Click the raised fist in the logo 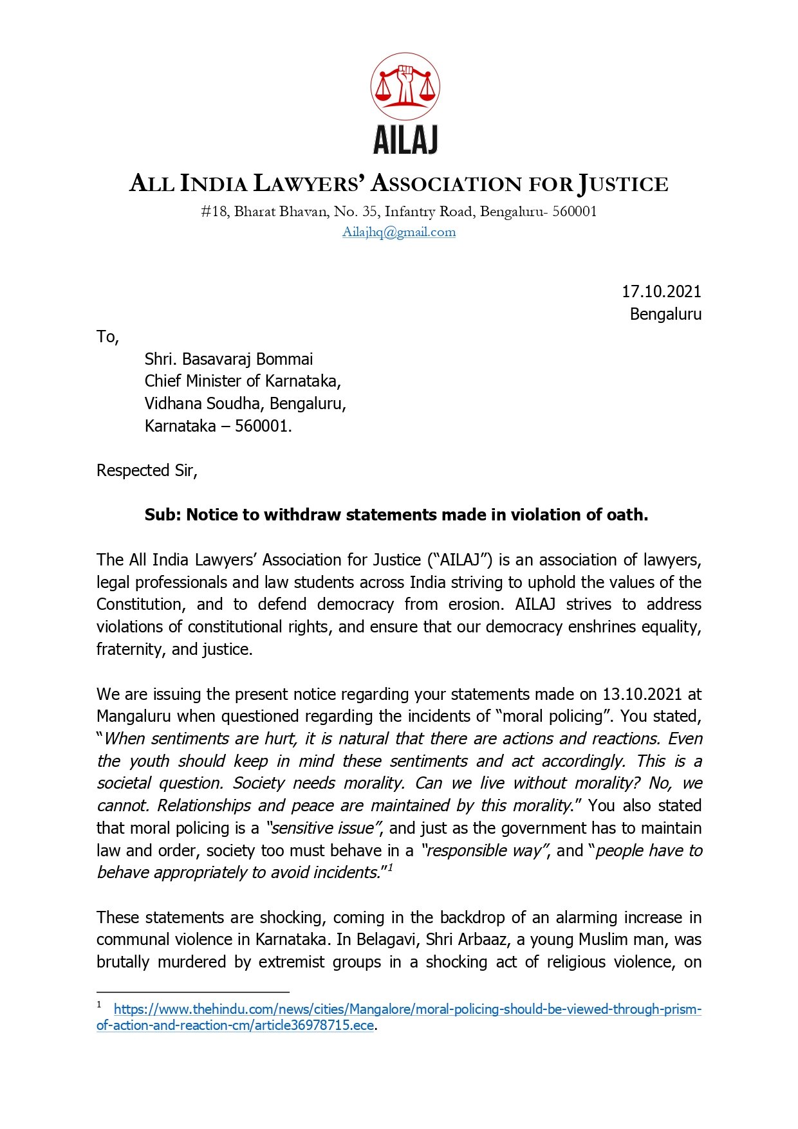pos(405,82)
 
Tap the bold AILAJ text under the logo pos(405,140)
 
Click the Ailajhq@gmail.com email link pos(399,232)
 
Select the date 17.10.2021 pos(661,292)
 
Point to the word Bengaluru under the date pos(665,315)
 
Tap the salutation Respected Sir pos(146,471)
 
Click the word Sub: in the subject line pos(163,515)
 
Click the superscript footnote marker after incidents pos(390,868)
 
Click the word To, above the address pos(107,337)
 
